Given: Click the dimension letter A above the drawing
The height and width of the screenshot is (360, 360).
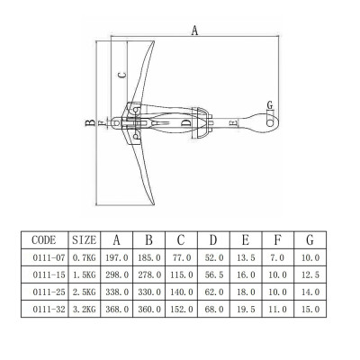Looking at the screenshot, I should tap(195, 30).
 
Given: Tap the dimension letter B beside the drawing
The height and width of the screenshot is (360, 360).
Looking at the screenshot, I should tap(90, 123).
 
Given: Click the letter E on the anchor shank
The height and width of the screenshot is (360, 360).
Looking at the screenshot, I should tap(233, 121).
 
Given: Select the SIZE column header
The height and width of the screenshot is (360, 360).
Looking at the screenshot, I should tap(84, 240).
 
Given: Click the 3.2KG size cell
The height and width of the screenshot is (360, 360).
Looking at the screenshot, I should tap(84, 309).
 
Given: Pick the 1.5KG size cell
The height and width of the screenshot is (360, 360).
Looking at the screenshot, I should tap(84, 274).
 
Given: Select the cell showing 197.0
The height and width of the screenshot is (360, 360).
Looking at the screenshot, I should tap(116, 257).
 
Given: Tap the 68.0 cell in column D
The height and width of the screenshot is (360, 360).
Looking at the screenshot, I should tap(213, 309).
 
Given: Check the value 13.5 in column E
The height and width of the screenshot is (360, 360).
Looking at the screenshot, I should tap(246, 257).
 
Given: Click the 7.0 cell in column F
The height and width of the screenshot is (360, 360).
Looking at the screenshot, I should tap(278, 257).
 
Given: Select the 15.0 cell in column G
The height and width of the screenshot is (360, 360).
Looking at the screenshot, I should tap(310, 309).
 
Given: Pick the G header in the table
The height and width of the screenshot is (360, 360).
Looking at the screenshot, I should tap(310, 240).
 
